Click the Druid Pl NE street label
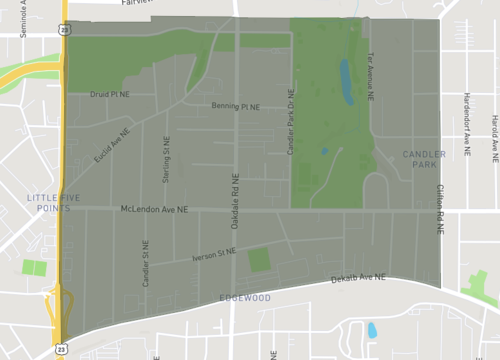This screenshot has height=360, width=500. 110,95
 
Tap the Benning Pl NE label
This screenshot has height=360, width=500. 236,106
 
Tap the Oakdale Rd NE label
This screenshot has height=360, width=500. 234,199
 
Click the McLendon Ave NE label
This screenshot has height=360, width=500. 155,210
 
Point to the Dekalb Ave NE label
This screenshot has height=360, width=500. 359,280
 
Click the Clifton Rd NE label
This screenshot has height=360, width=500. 439,209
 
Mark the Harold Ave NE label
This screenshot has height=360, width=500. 494,138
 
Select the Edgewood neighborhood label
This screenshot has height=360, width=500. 245,298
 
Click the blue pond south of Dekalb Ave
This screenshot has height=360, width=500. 372,329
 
